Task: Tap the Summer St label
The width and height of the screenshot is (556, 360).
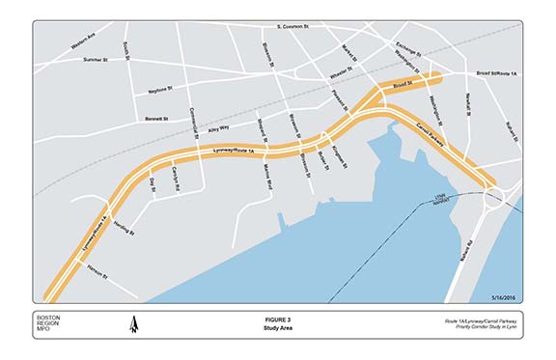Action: click(x=96, y=60)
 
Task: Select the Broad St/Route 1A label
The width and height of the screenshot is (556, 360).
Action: click(x=497, y=73)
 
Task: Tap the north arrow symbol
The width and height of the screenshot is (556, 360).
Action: click(x=134, y=327)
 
